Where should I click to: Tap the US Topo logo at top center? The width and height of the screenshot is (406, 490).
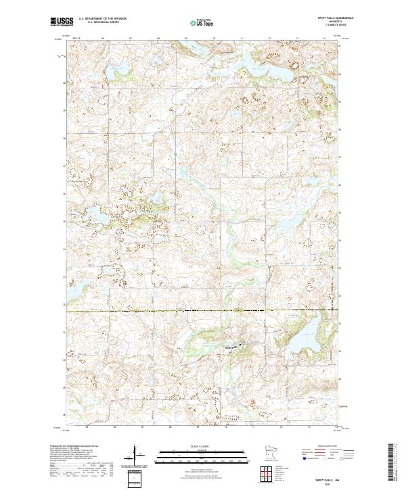(x=194, y=22)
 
